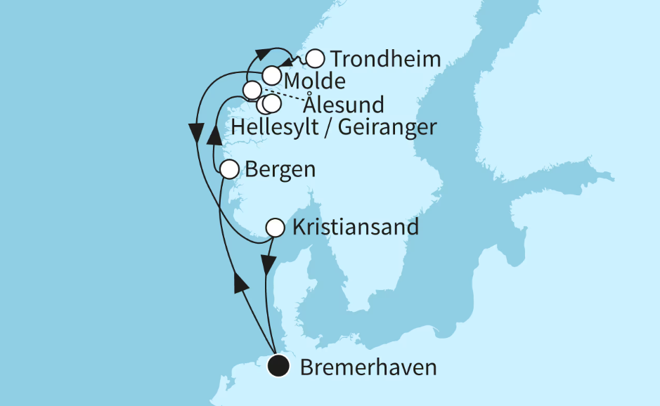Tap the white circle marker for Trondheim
316,58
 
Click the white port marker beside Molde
272,74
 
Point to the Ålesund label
344,105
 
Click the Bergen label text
279,170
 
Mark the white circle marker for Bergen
229,169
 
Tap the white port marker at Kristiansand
275,228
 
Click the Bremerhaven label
368,367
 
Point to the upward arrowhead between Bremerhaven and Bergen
241,283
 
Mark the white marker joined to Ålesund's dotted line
252,90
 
